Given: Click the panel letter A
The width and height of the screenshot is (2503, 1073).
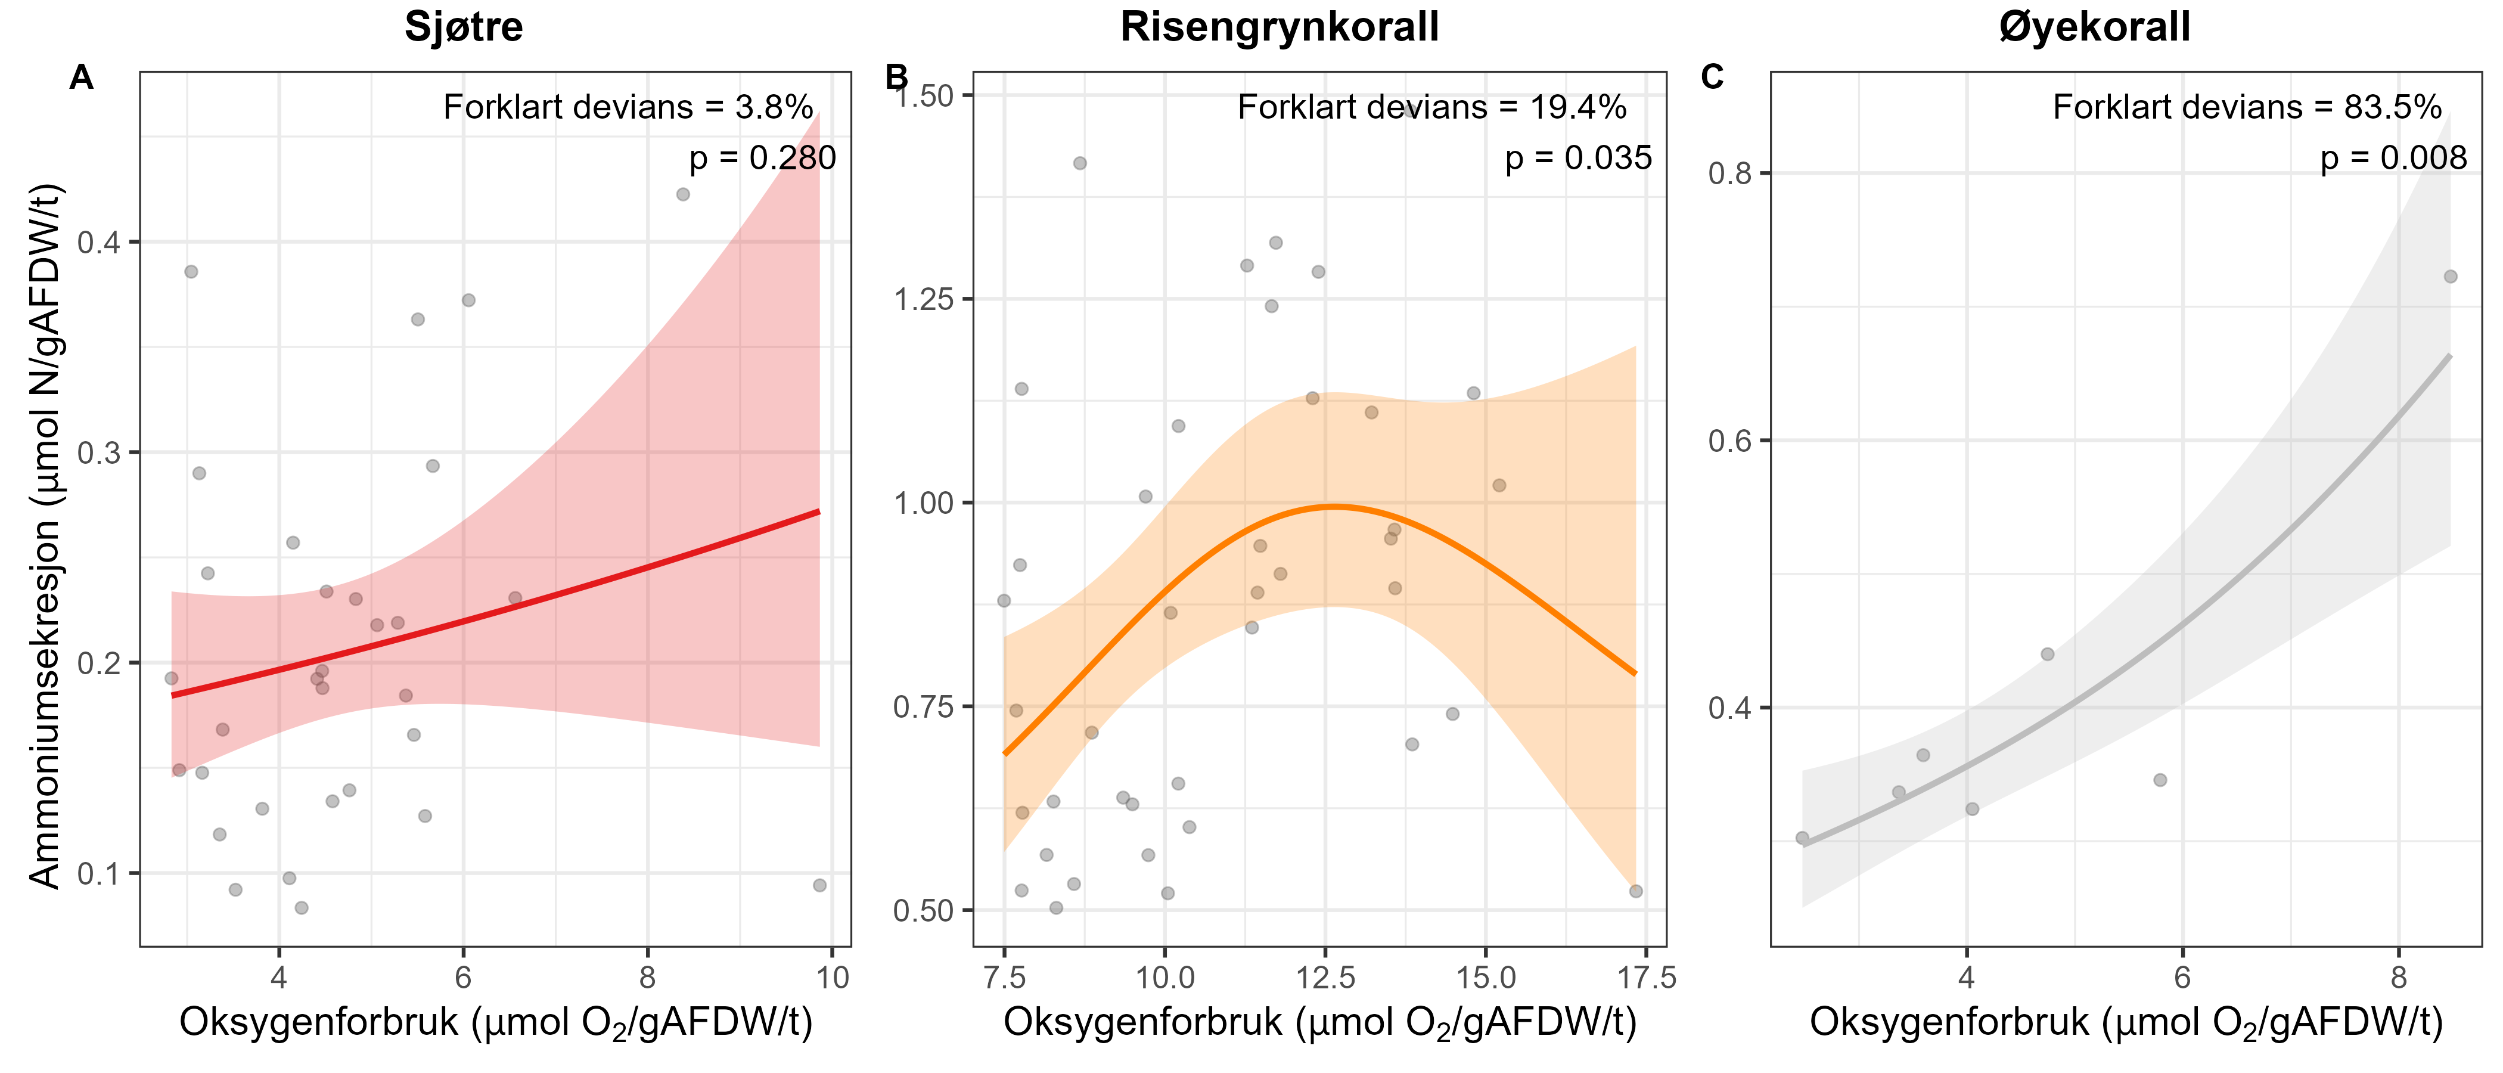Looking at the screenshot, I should (x=82, y=77).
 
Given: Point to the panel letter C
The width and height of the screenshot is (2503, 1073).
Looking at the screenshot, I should (x=1712, y=77).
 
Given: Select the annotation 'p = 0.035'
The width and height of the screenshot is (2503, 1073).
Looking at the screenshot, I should (x=1578, y=157).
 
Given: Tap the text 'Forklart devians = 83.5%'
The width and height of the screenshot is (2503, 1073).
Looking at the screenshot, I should (x=2247, y=107).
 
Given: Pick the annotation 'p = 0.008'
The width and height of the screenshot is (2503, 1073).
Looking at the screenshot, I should (x=2393, y=157).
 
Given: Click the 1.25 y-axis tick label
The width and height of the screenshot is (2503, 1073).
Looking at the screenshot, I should (x=923, y=299).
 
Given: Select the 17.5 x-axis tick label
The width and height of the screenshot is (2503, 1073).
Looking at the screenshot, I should (x=1643, y=977).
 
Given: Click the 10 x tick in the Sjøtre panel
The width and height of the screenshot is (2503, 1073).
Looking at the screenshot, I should (x=833, y=977).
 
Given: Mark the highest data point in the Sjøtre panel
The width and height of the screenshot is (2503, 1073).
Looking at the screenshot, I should (x=683, y=194).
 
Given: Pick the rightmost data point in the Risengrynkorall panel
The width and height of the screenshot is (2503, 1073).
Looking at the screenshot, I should (x=1636, y=891).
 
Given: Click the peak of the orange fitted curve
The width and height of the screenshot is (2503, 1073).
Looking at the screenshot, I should (x=1334, y=506).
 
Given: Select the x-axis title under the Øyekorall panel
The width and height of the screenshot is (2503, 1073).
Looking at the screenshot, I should (x=2125, y=1022).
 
